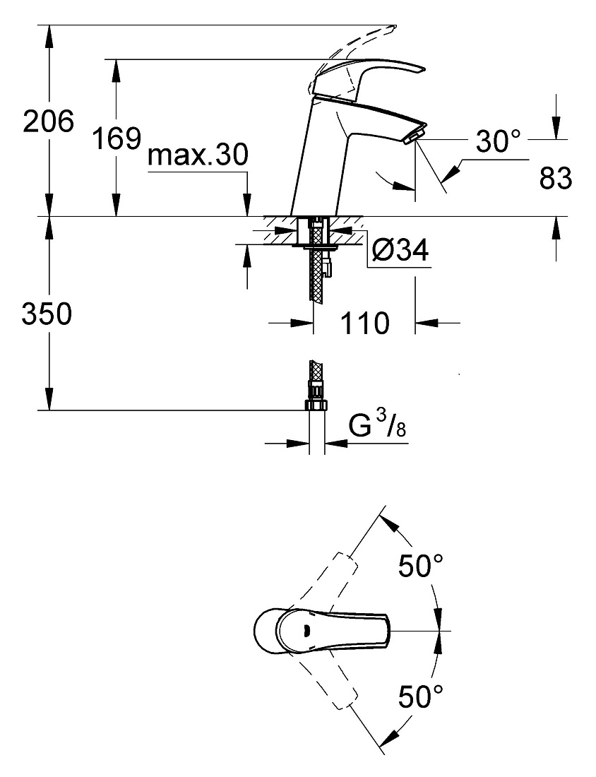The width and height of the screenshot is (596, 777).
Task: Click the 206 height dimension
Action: (49, 121)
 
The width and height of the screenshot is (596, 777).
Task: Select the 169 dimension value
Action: (117, 138)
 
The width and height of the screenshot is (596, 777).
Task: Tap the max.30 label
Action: (198, 155)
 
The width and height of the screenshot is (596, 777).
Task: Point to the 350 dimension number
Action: (47, 314)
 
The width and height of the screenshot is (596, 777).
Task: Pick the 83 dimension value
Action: (555, 178)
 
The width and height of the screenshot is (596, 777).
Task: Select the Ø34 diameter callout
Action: (401, 251)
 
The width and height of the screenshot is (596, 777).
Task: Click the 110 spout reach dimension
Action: (365, 323)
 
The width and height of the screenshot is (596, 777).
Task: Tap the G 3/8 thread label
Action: (377, 426)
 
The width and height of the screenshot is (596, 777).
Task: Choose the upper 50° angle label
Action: (421, 565)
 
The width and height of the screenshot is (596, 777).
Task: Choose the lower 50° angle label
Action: (421, 696)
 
